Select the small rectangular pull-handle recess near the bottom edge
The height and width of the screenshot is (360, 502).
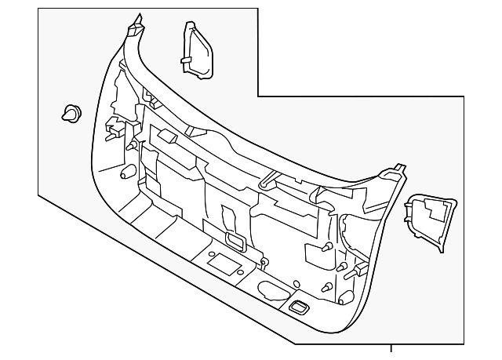(x=300, y=307)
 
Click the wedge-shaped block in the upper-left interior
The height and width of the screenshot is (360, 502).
(x=169, y=136)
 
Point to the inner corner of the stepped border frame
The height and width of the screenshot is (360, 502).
(x=258, y=96)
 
